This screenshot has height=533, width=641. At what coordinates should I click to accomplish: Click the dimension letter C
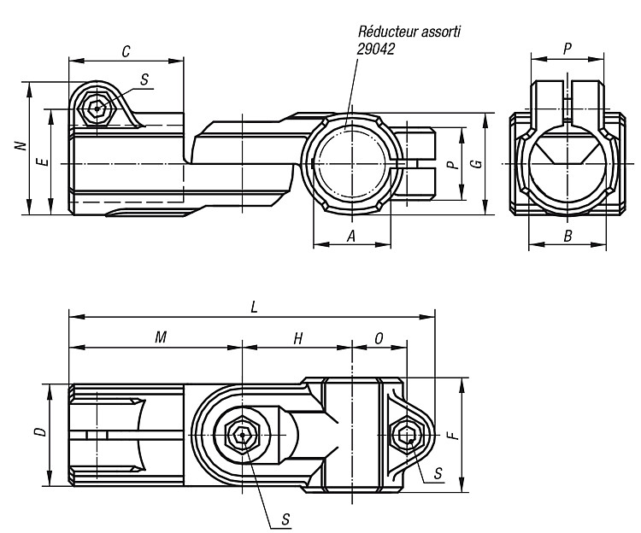coord(126,51)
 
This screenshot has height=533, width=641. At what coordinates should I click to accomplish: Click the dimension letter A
coord(351,236)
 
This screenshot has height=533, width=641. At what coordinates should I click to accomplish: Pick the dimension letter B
coord(567,236)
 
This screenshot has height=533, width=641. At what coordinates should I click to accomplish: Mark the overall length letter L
coord(255,307)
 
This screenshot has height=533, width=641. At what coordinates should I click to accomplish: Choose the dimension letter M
coord(161,337)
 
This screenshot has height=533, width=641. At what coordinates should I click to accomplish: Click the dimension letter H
coord(298,338)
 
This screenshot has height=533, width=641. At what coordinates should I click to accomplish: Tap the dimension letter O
coord(379,338)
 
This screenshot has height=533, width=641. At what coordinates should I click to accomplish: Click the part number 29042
coord(376,49)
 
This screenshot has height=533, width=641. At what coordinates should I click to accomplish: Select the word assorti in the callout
coord(443,32)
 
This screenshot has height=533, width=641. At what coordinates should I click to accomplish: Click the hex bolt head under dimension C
coord(97,108)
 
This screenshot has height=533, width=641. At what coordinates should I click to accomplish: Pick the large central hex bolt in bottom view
coord(243,436)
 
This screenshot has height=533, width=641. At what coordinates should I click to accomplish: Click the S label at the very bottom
coord(285,519)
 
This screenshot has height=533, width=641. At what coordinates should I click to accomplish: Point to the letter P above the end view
coord(567,49)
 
